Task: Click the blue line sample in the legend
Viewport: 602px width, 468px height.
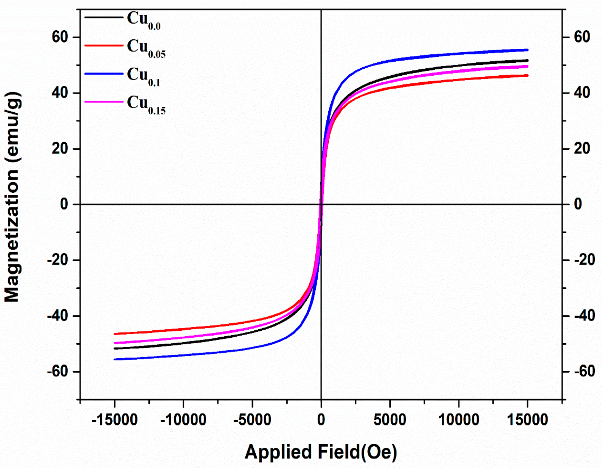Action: [x=104, y=74]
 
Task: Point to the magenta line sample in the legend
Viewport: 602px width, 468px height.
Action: [x=104, y=102]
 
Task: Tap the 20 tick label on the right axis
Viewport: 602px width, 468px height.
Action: [x=582, y=149]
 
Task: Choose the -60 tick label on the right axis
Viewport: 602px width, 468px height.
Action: [x=584, y=372]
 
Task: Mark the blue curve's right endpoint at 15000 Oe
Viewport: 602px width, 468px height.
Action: [x=527, y=50]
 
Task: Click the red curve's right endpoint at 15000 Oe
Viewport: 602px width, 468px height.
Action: [x=527, y=75]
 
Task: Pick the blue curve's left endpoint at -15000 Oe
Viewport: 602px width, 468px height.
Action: [x=115, y=359]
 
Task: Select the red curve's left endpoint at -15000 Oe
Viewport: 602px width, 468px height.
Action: [x=115, y=334]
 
